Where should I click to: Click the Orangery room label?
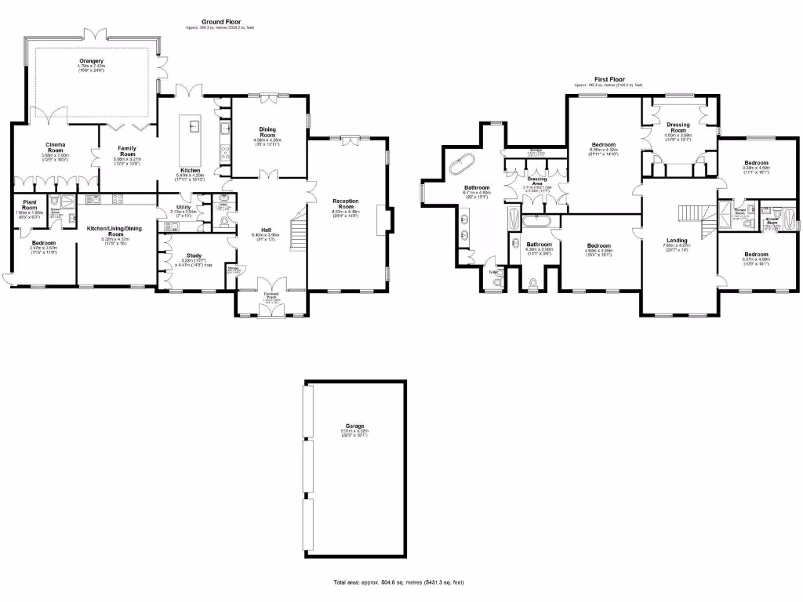tap(91, 60)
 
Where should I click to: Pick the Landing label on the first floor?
tap(677, 240)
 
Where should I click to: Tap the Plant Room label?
tap(29, 204)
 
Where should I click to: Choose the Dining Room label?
tap(268, 131)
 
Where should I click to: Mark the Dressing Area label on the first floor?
tap(537, 179)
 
